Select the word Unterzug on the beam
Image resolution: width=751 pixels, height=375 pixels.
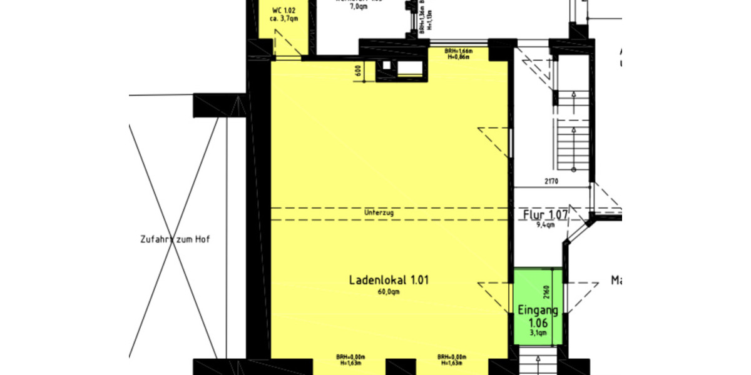point(379,213)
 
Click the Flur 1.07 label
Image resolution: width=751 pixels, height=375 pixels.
point(545,216)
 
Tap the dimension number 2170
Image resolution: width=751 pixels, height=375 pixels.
point(551,182)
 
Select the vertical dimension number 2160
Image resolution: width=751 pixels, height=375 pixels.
point(546,292)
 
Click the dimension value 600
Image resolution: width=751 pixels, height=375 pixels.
point(359,71)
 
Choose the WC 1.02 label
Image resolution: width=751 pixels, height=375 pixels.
point(284,11)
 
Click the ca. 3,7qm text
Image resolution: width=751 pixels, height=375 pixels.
point(284,19)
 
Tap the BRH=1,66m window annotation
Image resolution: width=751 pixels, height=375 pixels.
point(459,51)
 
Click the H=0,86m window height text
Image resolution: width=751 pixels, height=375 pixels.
point(459,57)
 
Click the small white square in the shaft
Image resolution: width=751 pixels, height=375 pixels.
point(387,65)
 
